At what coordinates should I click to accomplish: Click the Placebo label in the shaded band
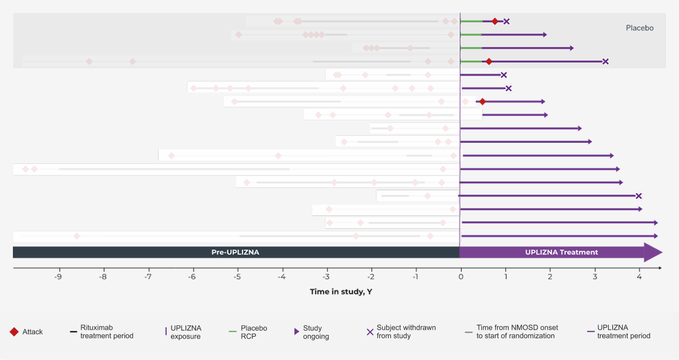pyautogui.click(x=639, y=28)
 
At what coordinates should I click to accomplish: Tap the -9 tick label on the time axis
pyautogui.click(x=59, y=277)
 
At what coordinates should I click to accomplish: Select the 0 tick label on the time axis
pyautogui.click(x=461, y=277)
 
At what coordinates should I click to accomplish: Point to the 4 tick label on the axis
pyautogui.click(x=639, y=277)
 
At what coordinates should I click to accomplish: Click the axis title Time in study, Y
pyautogui.click(x=341, y=292)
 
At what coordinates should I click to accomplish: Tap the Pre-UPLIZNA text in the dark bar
pyautogui.click(x=235, y=252)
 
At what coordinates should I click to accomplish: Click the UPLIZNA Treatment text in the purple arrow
pyautogui.click(x=561, y=252)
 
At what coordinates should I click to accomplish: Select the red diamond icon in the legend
pyautogui.click(x=14, y=332)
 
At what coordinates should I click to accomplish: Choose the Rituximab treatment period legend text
pyautogui.click(x=107, y=332)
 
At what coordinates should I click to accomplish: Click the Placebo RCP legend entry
pyautogui.click(x=253, y=332)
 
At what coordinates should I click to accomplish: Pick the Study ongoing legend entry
pyautogui.click(x=316, y=332)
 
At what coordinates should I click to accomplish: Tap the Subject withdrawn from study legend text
pyautogui.click(x=406, y=332)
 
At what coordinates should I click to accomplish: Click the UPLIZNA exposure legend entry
pyautogui.click(x=186, y=332)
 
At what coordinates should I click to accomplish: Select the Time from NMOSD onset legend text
pyautogui.click(x=517, y=332)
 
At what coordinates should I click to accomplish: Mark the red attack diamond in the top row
pyautogui.click(x=495, y=22)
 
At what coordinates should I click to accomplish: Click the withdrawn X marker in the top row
pyautogui.click(x=506, y=22)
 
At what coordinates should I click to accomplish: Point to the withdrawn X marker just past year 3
pyautogui.click(x=605, y=61)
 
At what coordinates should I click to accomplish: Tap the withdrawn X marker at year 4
pyautogui.click(x=639, y=196)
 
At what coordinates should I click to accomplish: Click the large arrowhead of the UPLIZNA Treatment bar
pyautogui.click(x=653, y=252)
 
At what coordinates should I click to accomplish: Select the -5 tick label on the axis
pyautogui.click(x=237, y=277)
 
